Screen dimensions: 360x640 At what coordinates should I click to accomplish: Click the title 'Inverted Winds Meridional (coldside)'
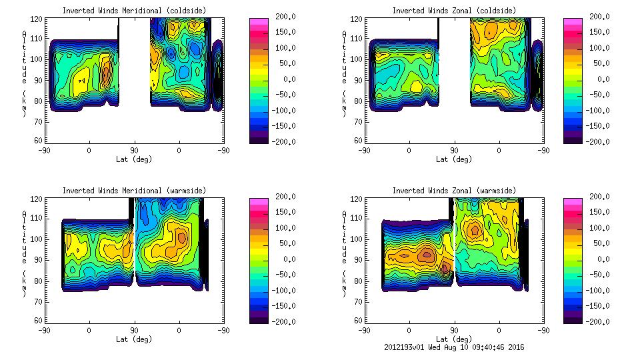tap(135, 11)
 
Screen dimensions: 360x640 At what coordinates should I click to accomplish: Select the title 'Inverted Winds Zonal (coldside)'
tap(454, 11)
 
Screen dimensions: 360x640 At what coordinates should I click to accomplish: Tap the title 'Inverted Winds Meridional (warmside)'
tap(135, 191)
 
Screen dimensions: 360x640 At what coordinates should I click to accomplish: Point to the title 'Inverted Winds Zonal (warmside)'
tap(454, 191)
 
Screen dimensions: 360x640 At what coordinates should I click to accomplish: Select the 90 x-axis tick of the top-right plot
tap(455, 151)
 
